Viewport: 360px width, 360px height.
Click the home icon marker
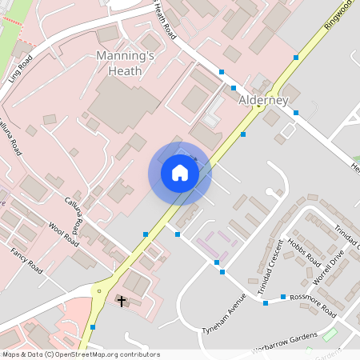pos(179,173)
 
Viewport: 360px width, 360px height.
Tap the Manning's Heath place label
pos(118,63)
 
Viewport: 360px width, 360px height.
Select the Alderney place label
pos(263,100)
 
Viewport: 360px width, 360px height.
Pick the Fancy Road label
pos(26,260)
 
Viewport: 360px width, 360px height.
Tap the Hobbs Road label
pos(304,253)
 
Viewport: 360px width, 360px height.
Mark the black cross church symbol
pos(122,301)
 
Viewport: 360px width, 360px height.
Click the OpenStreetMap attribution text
pos(81,354)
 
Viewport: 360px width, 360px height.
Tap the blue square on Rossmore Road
pos(283,299)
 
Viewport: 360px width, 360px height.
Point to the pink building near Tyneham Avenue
pos(213,241)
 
